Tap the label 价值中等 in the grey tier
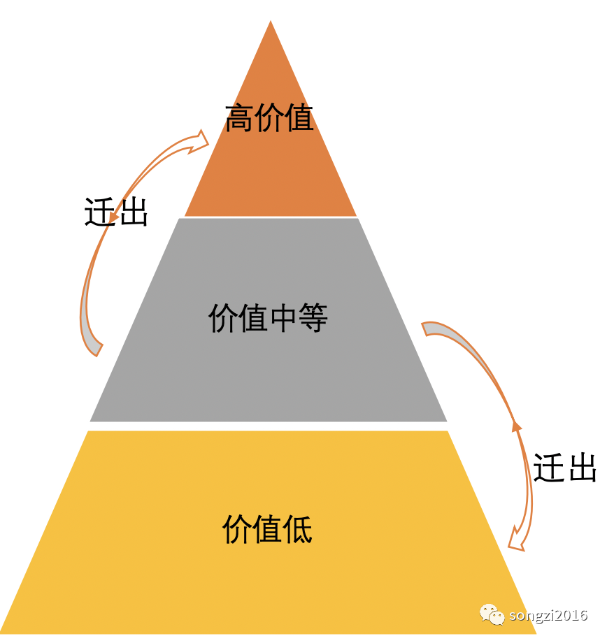(x=268, y=319)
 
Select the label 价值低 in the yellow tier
(x=267, y=529)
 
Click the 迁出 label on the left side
(x=116, y=211)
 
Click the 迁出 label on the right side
(x=565, y=468)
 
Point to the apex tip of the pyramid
(x=271, y=22)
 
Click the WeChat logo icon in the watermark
(x=492, y=614)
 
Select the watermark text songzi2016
(x=548, y=616)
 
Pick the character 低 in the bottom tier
(x=297, y=529)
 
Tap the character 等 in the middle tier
(x=313, y=319)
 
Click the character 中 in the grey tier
(x=283, y=319)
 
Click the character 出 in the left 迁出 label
(x=133, y=211)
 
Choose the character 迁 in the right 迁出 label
(x=548, y=468)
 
